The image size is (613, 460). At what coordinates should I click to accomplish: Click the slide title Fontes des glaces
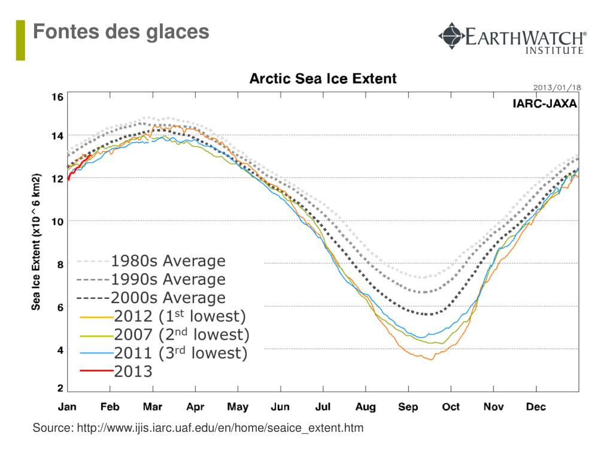click(x=121, y=31)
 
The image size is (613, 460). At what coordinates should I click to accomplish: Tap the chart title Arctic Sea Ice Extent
click(x=323, y=78)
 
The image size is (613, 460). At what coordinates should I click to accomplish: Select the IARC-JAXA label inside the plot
click(x=545, y=104)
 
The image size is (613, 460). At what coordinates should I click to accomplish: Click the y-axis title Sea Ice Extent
click(x=37, y=242)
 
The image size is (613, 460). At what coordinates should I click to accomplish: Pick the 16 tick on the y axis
click(x=57, y=97)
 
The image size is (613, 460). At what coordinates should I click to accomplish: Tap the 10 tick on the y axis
click(x=57, y=221)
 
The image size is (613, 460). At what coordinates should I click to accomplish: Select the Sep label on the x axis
click(x=408, y=407)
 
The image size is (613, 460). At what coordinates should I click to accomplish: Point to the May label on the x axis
click(x=238, y=407)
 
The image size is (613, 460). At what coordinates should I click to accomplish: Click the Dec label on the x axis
click(x=536, y=407)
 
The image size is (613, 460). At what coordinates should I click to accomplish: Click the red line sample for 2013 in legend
click(x=96, y=371)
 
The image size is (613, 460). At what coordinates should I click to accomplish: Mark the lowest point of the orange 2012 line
click(x=430, y=359)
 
